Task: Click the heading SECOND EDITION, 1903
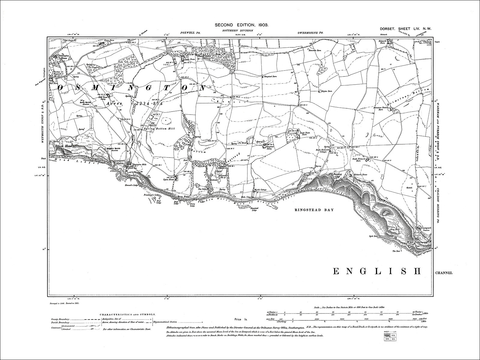click(x=241, y=26)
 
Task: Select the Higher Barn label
click(x=326, y=91)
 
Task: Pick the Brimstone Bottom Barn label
click(x=381, y=109)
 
